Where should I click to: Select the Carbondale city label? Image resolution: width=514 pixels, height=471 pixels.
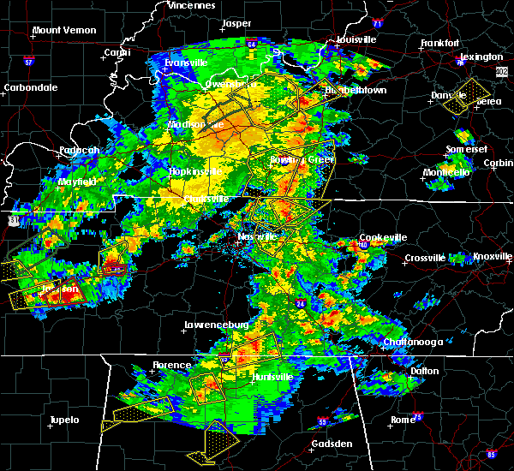(x=30, y=87)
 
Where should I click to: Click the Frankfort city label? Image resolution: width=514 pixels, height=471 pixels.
(x=440, y=43)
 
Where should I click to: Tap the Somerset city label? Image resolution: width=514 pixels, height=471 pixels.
(x=466, y=150)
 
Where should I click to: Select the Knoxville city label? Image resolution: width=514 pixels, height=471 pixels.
(x=493, y=257)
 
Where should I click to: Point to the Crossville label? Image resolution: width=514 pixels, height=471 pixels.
(x=427, y=258)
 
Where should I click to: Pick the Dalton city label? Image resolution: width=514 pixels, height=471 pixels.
(x=424, y=371)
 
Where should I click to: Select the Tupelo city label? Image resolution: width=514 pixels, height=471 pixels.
(x=63, y=420)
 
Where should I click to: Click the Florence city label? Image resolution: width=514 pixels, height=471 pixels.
(x=171, y=365)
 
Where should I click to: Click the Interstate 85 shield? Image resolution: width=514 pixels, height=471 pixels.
(x=491, y=454)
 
